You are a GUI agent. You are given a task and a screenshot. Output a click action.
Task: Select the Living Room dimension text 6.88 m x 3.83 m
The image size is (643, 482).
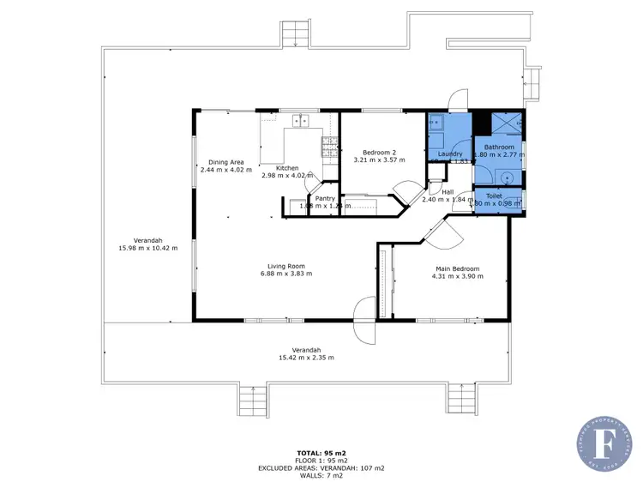pyautogui.click(x=285, y=274)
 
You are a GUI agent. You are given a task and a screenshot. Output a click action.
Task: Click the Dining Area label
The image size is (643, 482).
pyautogui.click(x=226, y=162)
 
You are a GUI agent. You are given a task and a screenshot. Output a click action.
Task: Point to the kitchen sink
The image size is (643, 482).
pyautogui.click(x=299, y=123)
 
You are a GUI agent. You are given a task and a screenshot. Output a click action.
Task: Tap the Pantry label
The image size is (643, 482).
pyautogui.click(x=325, y=198)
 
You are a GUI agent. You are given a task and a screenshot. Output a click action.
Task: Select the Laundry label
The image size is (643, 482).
pyautogui.click(x=450, y=153)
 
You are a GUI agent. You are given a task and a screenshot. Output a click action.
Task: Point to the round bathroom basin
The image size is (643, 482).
pyautogui.click(x=508, y=178)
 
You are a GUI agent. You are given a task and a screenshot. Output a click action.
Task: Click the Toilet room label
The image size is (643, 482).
pyautogui.click(x=494, y=196)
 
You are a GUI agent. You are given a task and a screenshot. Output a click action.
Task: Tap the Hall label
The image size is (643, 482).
pyautogui.click(x=448, y=191)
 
